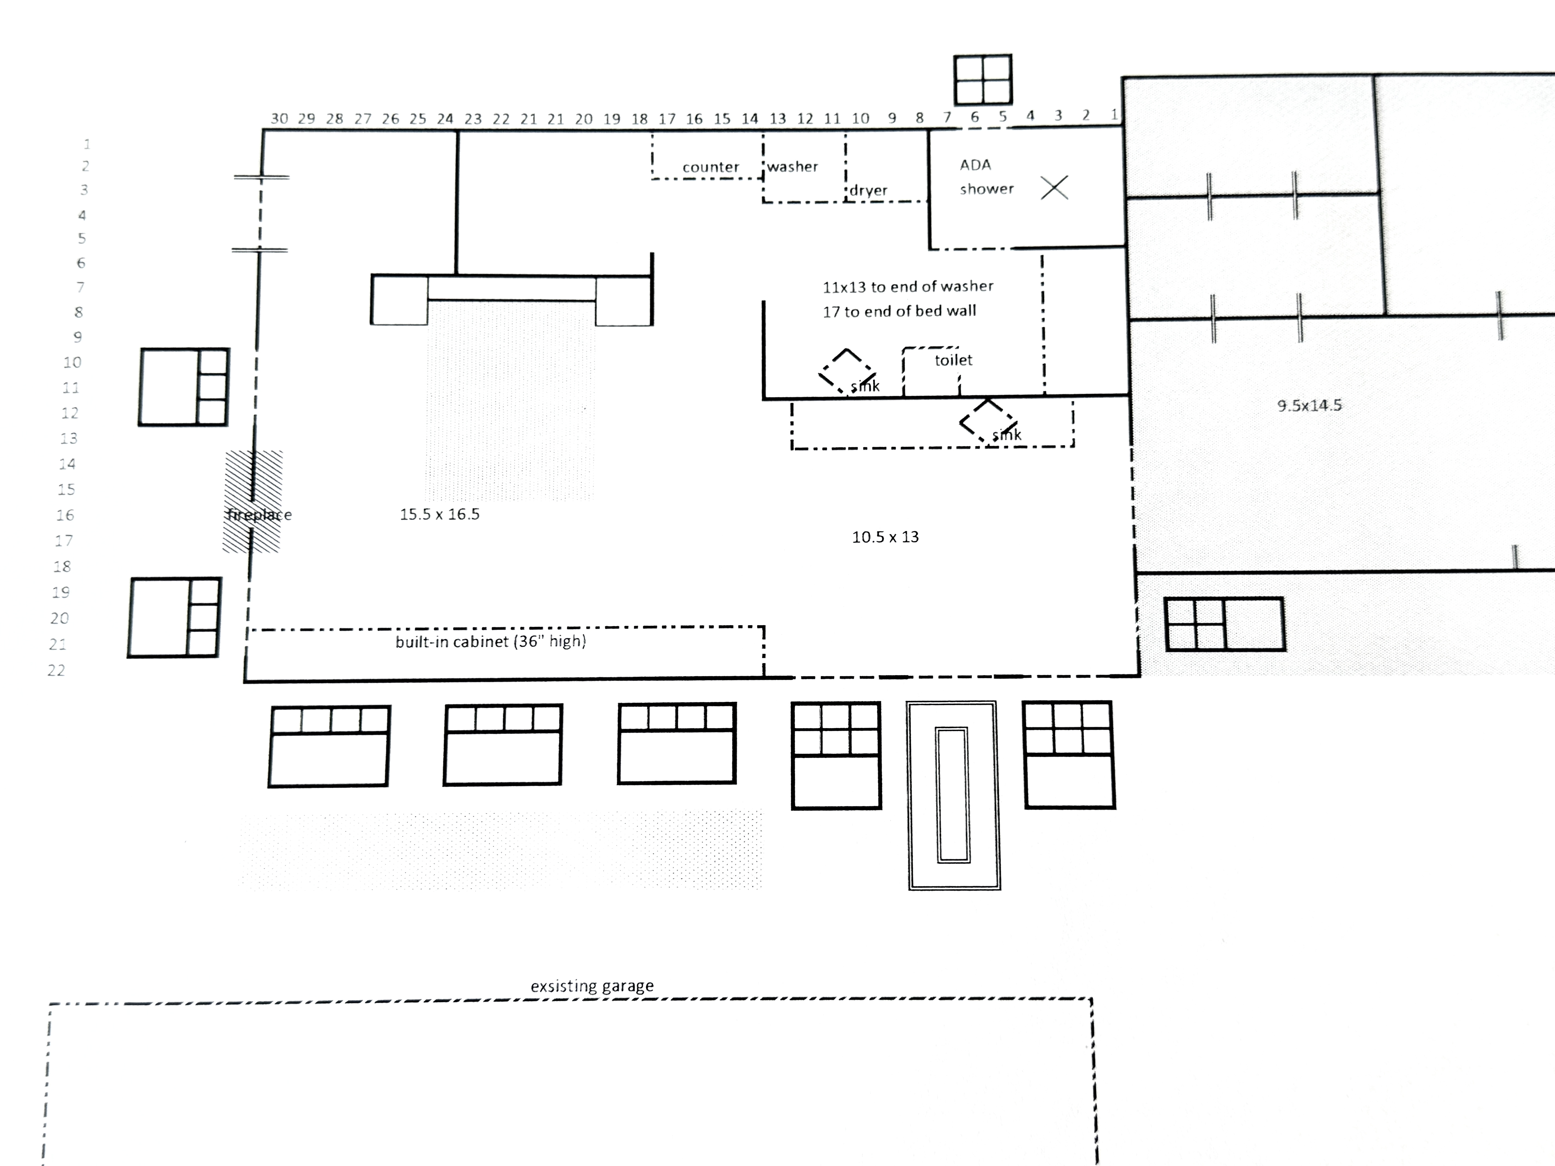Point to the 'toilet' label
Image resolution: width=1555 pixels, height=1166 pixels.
[953, 360]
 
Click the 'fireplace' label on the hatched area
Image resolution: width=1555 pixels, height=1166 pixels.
[259, 514]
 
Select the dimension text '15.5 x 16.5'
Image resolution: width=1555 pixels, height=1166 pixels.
[439, 514]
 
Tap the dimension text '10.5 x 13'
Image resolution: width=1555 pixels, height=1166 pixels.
[885, 537]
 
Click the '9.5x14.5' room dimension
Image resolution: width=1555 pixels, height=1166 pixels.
[1309, 406]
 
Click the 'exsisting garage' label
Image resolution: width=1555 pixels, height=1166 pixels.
[592, 986]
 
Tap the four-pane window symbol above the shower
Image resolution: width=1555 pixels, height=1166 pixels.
[983, 79]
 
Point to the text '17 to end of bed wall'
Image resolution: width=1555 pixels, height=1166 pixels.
[899, 311]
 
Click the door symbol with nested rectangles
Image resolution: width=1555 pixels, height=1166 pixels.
[954, 795]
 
